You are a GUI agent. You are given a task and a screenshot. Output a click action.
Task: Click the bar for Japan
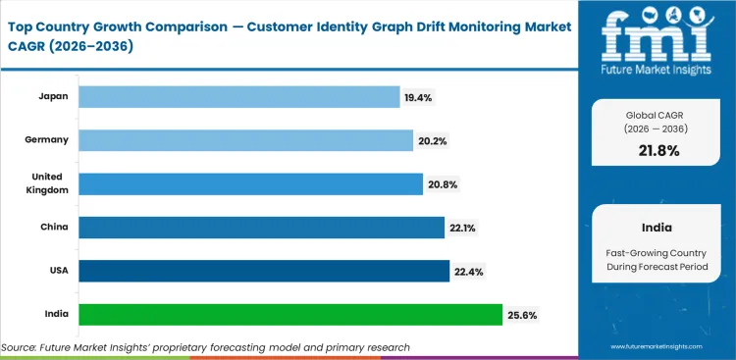tap(238, 96)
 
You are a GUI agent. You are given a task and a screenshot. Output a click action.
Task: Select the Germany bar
tap(245, 140)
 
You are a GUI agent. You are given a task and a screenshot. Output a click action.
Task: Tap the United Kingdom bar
tap(250, 183)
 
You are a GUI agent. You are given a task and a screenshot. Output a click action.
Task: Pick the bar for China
tap(261, 228)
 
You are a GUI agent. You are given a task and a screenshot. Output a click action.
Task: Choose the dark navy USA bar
tap(264, 271)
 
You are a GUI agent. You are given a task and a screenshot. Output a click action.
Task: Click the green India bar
tap(290, 315)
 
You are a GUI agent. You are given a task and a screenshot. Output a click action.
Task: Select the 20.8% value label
tap(441, 183)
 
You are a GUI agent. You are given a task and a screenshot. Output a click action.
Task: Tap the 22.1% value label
tap(462, 228)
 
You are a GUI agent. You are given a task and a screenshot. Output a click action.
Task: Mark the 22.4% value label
tap(467, 271)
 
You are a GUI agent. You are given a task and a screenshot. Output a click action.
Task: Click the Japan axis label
tap(53, 96)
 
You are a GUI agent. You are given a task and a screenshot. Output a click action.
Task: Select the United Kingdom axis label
tap(47, 183)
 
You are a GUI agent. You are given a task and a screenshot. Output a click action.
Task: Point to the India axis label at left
tap(56, 315)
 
